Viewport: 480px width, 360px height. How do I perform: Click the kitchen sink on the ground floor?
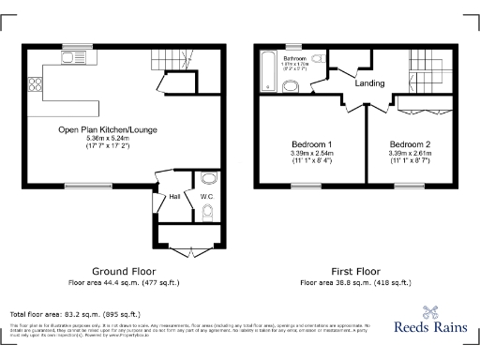(x=72, y=59)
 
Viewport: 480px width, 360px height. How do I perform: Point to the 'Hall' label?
(x=174, y=197)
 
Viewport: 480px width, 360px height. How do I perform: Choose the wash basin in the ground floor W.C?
(x=208, y=178)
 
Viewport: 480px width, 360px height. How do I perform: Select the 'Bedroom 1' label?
(x=308, y=143)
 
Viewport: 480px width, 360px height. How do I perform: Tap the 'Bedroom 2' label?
(x=409, y=143)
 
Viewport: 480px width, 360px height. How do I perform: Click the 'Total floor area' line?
(x=75, y=314)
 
